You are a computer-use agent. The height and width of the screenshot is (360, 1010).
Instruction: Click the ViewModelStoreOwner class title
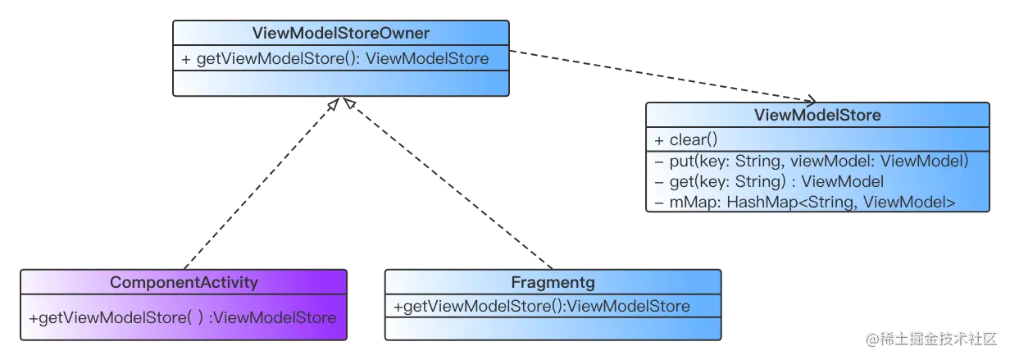(x=340, y=34)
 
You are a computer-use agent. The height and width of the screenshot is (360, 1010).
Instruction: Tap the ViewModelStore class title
(x=817, y=115)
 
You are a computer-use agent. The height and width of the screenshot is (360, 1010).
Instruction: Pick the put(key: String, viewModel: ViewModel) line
(x=811, y=161)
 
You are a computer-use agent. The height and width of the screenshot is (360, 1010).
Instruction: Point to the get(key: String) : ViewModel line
(x=768, y=181)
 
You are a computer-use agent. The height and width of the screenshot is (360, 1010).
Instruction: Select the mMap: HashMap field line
(x=804, y=202)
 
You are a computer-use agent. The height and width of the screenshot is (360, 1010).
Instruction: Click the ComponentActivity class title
(x=184, y=282)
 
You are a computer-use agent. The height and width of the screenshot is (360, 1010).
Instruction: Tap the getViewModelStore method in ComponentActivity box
(x=182, y=317)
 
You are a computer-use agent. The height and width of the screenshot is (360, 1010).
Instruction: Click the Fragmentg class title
(x=553, y=283)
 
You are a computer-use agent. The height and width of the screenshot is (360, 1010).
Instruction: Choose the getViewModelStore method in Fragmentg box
(x=541, y=306)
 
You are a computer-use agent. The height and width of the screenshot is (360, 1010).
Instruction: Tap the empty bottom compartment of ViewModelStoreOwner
(x=340, y=83)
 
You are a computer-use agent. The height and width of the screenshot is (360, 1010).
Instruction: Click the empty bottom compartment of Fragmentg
(x=553, y=328)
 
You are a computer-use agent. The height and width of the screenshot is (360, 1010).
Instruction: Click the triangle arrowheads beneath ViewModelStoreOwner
(x=340, y=103)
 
